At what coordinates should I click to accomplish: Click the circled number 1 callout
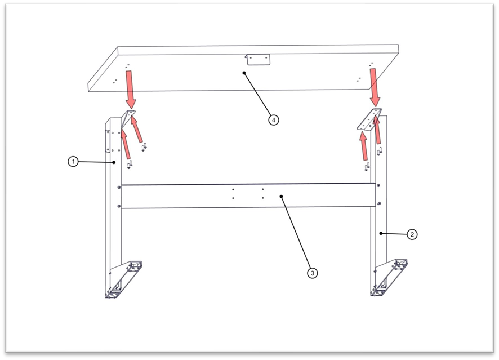pos(73,161)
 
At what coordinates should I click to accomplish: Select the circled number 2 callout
pos(412,234)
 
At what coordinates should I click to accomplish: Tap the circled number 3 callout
pos(313,273)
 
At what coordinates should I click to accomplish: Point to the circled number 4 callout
pos(273,120)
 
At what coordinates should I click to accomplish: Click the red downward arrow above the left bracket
pos(130,90)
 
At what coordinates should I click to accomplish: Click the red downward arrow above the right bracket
pos(375,87)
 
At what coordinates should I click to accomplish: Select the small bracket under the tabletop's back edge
pos(258,60)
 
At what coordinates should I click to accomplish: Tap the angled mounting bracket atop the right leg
pos(369,119)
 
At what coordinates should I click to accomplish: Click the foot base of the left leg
pos(123,280)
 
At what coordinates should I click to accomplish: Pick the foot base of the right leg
pos(389,278)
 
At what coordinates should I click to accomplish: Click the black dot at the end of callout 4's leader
pos(244,73)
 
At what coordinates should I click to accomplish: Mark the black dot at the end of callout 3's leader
pos(281,197)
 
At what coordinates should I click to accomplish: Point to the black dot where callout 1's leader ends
pos(114,162)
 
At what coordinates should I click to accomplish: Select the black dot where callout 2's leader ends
pos(381,233)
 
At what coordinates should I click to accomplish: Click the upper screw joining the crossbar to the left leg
pos(119,188)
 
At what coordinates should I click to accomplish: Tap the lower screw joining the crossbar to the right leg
pos(378,203)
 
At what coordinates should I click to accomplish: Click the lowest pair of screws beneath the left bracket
pos(130,165)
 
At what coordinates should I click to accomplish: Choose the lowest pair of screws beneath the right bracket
pos(367,166)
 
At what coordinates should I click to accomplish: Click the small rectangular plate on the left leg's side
pos(108,141)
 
